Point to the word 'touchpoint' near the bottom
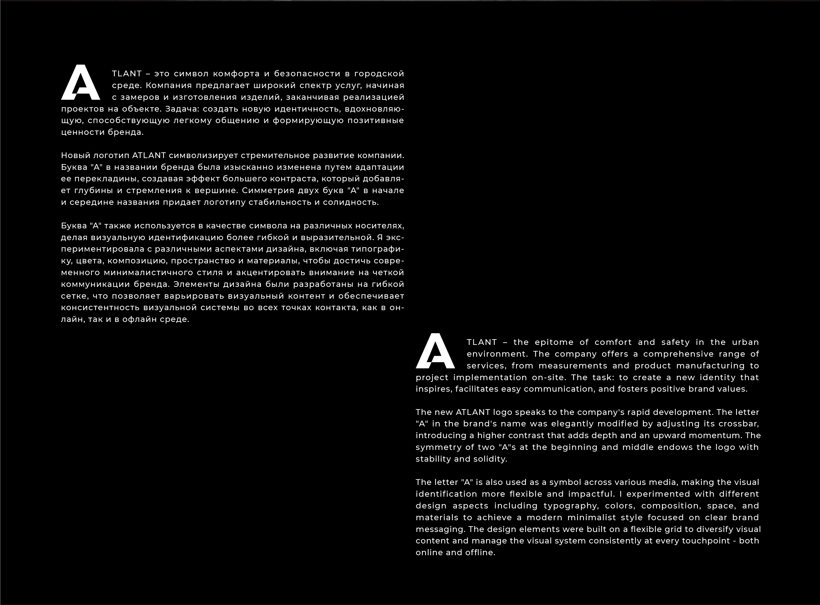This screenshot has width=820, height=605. pos(706,541)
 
